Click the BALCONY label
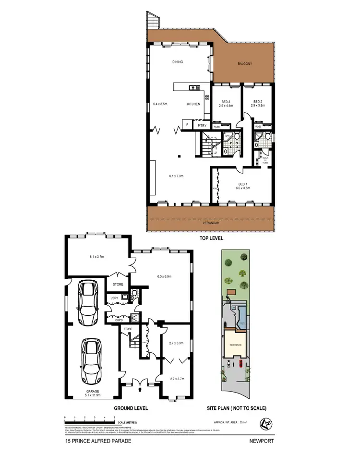[244, 63]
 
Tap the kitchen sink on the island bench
[195, 87]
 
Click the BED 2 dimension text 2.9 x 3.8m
[258, 105]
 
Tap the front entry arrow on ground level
[140, 390]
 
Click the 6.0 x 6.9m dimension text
[164, 276]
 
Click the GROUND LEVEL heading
[131, 408]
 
